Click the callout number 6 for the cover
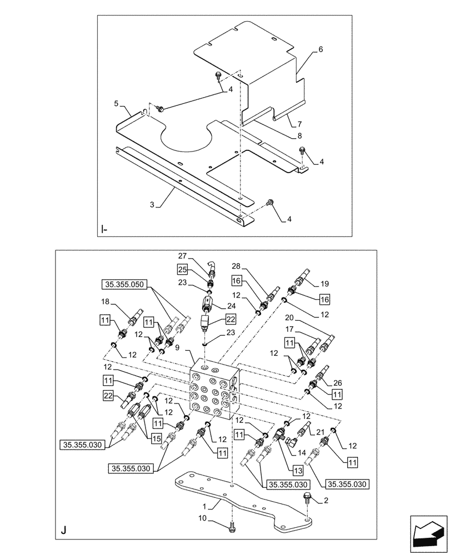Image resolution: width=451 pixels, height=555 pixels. [320, 49]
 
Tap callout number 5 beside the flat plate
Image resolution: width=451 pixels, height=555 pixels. [116, 104]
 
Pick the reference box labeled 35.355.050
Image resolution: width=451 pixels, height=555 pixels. [123, 285]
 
